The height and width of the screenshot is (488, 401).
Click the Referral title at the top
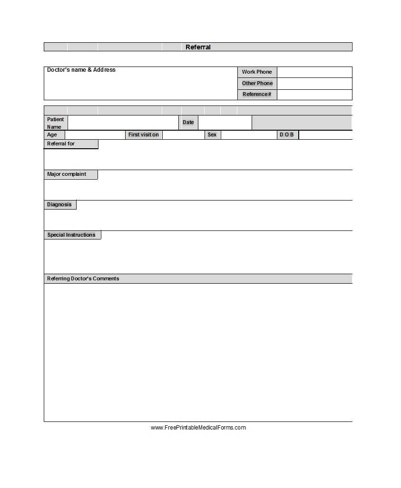coord(198,47)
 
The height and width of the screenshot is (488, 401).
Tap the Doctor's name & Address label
coord(81,70)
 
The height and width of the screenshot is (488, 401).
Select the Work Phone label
coord(257,72)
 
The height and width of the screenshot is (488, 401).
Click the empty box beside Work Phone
coord(314,72)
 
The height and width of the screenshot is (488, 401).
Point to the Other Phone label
coord(257,83)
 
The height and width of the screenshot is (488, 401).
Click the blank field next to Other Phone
coord(314,83)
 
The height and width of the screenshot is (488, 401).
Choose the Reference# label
coord(257,94)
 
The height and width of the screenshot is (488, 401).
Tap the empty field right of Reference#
coord(314,95)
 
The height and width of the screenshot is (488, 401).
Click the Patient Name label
coord(55,123)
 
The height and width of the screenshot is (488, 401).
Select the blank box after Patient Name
coord(123,123)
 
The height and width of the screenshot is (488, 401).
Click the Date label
coord(188,122)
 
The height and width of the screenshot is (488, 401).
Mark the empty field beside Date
coord(225,123)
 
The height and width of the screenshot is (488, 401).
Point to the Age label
coord(52,135)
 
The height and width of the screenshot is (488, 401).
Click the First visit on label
coord(144,135)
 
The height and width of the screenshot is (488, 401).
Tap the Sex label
coord(212,135)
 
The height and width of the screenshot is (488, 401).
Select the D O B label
coord(287,135)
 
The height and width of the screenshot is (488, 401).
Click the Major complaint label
coord(67,174)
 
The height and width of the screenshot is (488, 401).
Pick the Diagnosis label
coord(59,205)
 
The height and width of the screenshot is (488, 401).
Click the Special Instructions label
coord(71,235)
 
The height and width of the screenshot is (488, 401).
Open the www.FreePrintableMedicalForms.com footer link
coord(198,428)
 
